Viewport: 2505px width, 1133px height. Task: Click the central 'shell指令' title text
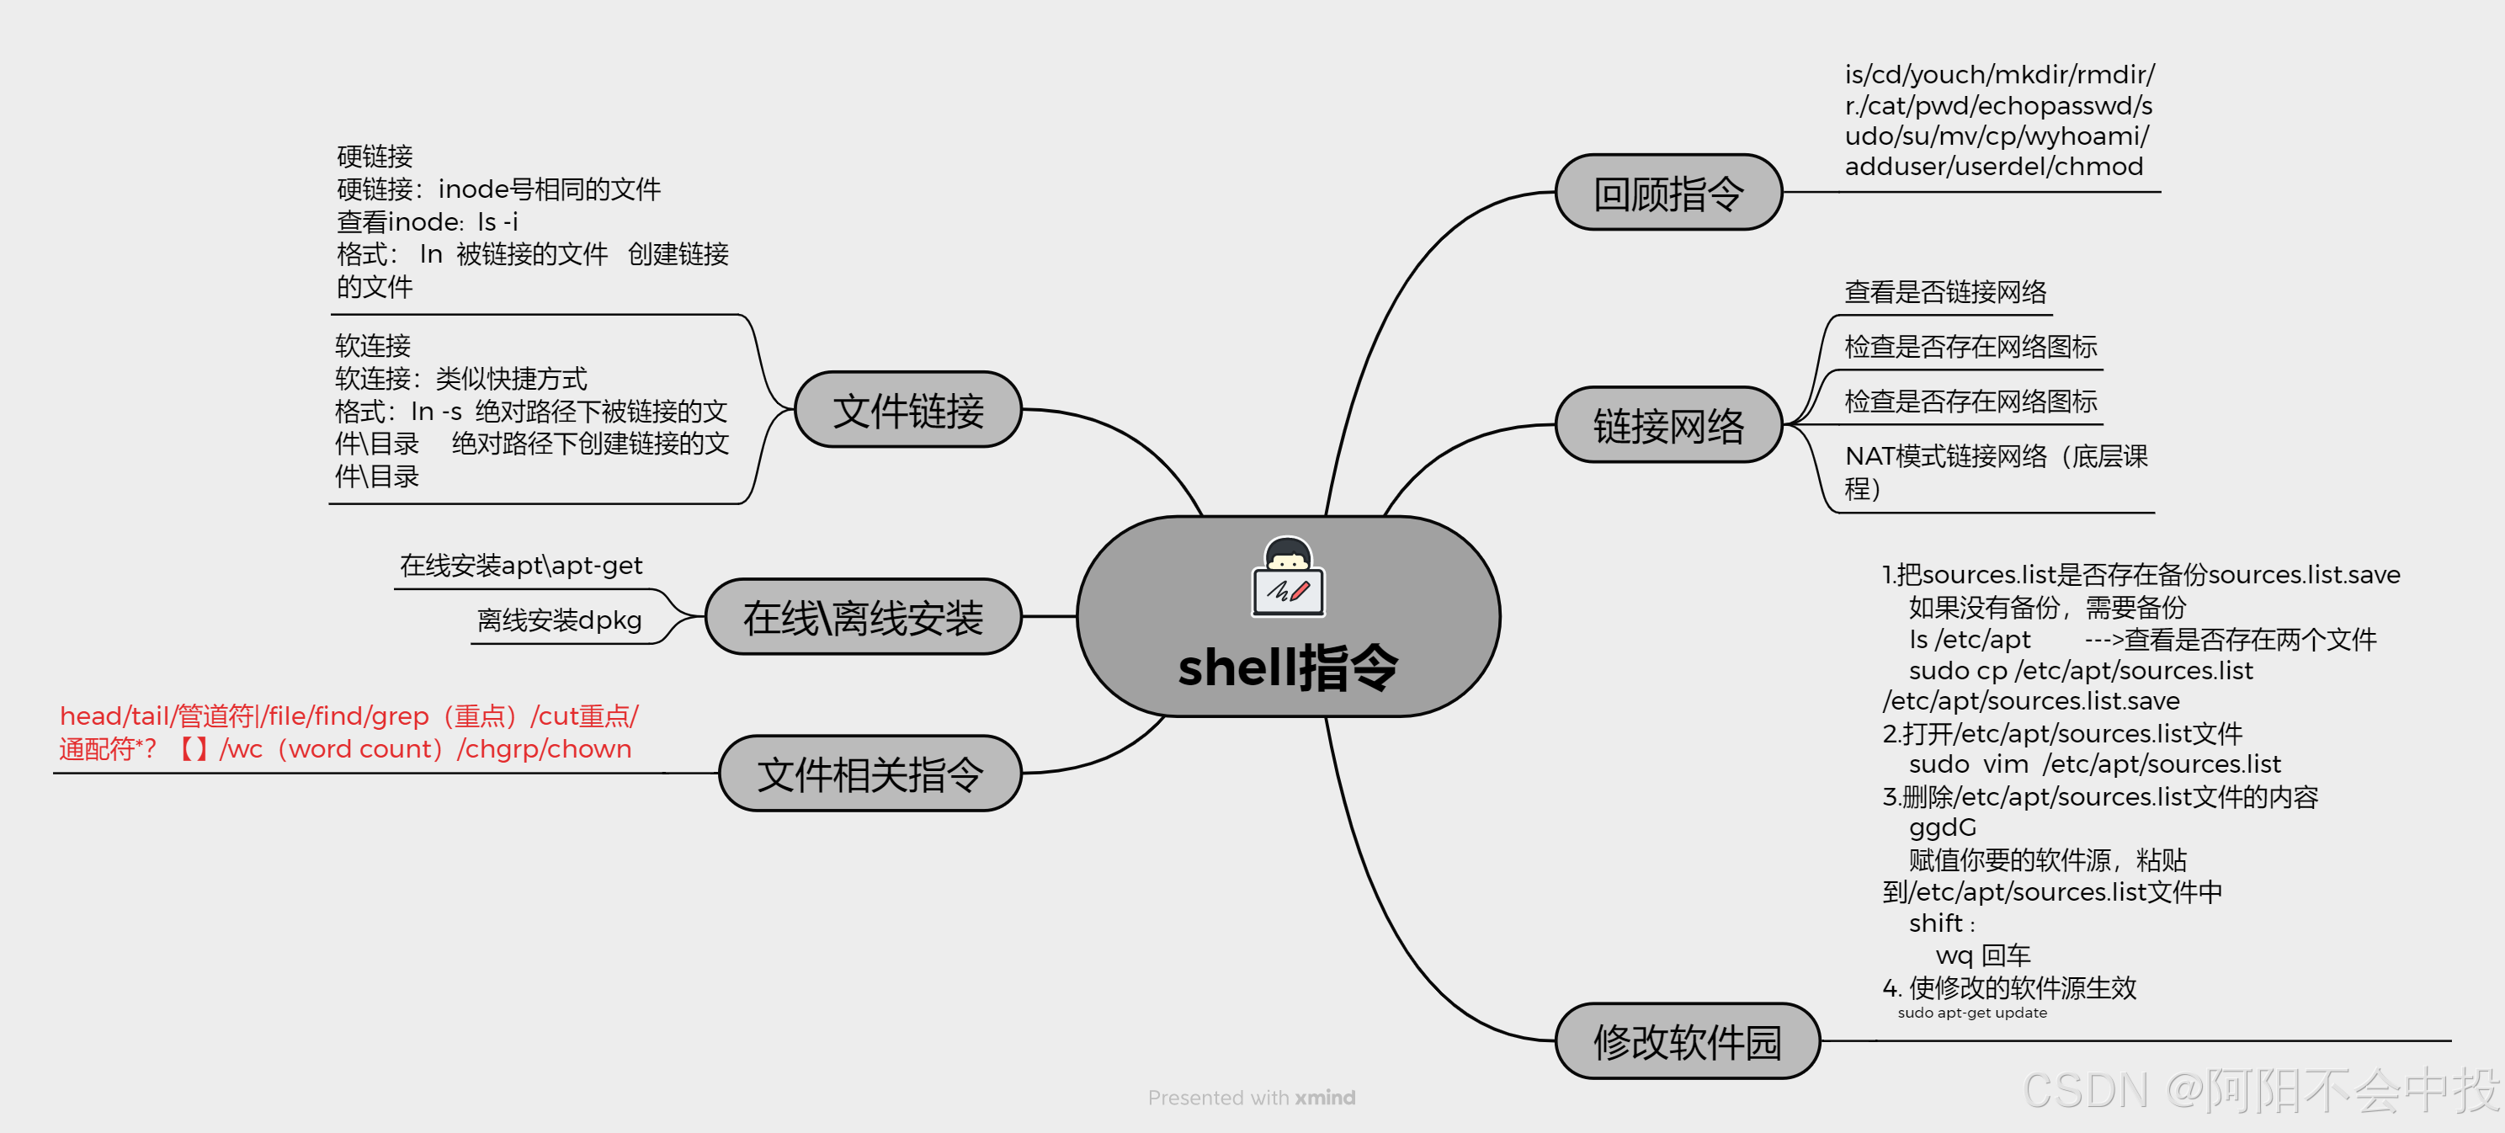point(1288,668)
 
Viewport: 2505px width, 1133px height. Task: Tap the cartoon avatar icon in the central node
point(1288,577)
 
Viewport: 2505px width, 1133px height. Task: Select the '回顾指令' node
point(1667,193)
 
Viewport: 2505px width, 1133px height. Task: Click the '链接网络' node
point(1667,425)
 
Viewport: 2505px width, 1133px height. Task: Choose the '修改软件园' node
point(1686,1041)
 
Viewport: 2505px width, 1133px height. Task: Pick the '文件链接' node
point(907,409)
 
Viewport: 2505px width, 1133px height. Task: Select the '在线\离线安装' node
point(863,617)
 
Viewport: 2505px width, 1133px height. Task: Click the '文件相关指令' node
point(870,774)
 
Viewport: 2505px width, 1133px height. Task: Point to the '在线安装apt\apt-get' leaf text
point(520,565)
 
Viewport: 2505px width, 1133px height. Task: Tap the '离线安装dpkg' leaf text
point(559,620)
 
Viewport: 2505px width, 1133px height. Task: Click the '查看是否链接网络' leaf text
point(1945,292)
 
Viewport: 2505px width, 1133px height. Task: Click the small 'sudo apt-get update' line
point(1971,1013)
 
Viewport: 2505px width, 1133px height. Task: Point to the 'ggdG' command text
point(1942,827)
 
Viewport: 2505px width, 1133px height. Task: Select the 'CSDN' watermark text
point(2085,1091)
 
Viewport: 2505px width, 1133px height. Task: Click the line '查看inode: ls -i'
point(427,221)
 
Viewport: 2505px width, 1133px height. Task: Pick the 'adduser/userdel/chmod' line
point(1993,167)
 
